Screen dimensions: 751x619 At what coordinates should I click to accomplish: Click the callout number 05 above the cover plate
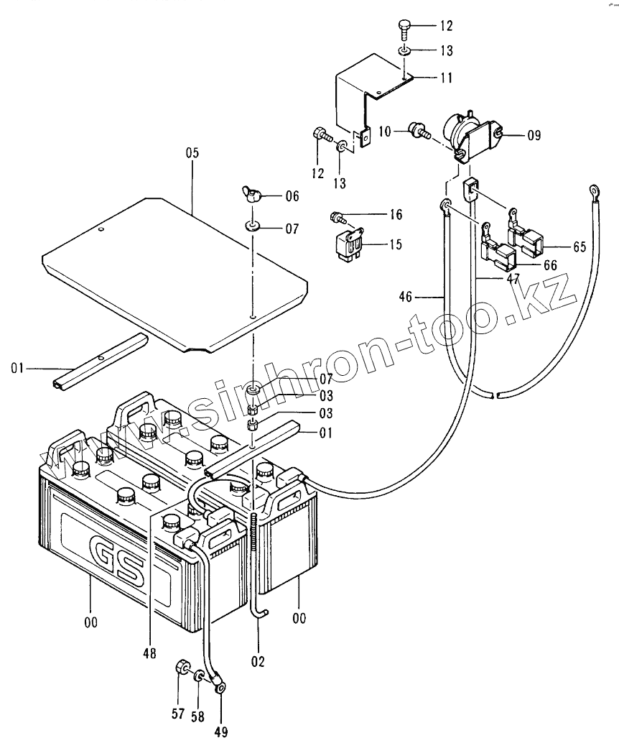190,153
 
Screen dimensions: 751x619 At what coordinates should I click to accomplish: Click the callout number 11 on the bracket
446,78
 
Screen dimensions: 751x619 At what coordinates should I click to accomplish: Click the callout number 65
578,247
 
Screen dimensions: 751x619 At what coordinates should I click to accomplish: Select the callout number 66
550,265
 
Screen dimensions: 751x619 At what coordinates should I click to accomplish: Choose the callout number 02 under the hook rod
258,660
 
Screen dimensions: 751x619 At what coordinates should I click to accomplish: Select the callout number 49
221,732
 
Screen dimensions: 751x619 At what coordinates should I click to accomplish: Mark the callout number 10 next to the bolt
384,131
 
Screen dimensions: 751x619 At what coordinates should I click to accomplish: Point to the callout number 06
292,196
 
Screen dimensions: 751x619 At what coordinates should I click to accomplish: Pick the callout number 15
395,245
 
